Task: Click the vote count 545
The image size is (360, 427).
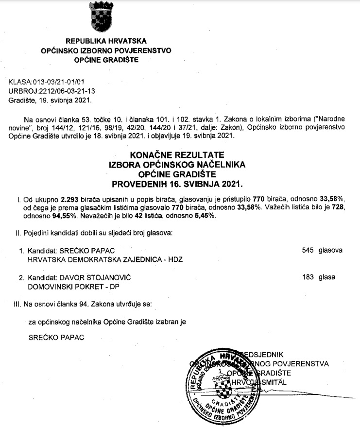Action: coord(308,251)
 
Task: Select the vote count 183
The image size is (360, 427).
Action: coord(308,277)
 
